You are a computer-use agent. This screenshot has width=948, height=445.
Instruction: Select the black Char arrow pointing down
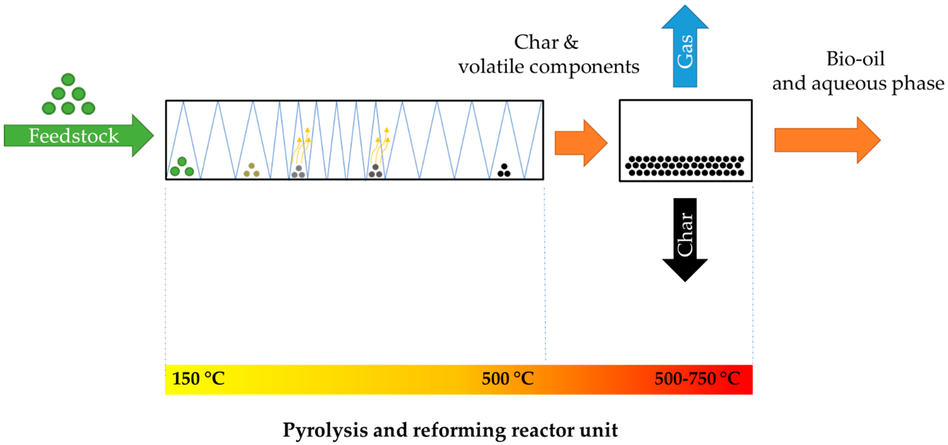685,239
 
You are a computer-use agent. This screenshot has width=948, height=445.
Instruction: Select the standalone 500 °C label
508,379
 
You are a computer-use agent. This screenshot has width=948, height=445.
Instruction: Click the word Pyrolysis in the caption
325,430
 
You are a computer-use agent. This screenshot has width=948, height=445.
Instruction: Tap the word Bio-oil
855,59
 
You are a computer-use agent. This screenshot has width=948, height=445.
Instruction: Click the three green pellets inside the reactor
182,167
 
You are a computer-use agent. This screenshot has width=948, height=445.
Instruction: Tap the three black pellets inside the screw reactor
504,171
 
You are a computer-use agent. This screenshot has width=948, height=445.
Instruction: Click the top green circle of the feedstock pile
68,79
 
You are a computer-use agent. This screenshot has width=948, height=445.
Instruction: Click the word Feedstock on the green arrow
74,136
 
